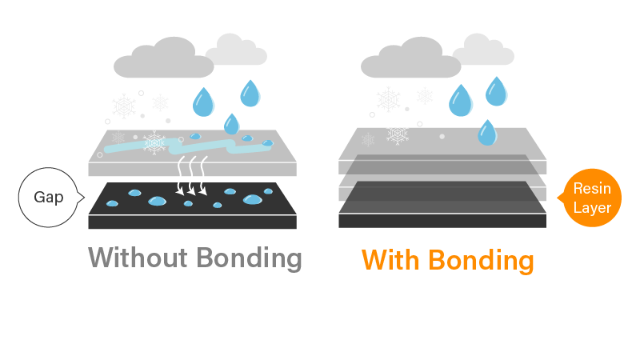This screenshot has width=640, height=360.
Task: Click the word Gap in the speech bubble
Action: pos(49,197)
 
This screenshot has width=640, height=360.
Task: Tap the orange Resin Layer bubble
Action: pos(592,198)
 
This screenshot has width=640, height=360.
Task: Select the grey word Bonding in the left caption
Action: pos(250,258)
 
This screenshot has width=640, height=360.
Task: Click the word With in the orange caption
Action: pos(390,261)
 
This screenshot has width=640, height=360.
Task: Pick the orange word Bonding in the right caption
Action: pos(482,261)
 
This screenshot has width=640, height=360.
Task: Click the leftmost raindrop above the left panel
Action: pos(203,102)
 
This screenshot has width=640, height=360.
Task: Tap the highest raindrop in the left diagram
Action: pos(250,94)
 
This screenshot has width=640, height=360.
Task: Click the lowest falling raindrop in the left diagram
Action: pos(231,124)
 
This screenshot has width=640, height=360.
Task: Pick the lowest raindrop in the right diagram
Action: pos(486,132)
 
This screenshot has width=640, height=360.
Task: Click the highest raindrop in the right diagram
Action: pos(496,91)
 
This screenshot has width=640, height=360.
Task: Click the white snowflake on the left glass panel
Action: pos(154,144)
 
